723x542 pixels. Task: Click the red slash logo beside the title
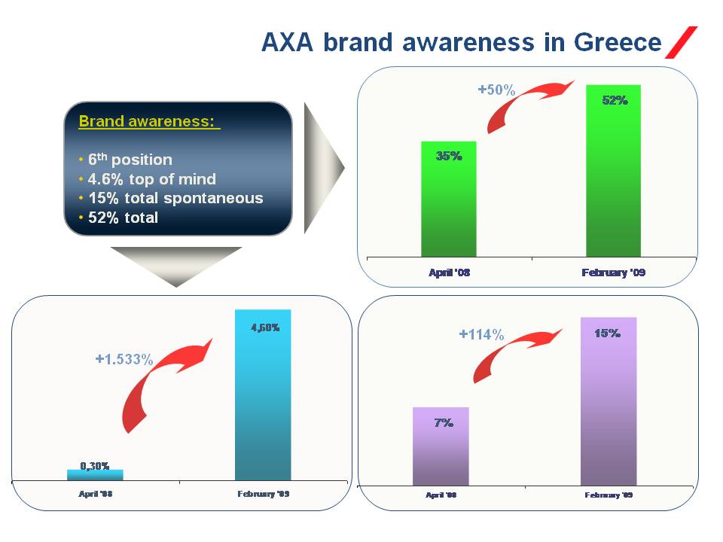tap(681, 42)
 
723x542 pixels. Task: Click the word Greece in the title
tap(618, 42)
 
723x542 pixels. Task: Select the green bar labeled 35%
tap(449, 199)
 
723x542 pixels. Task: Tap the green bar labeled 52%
tap(613, 171)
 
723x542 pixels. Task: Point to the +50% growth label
tap(496, 90)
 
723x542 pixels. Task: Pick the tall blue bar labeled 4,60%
tap(263, 395)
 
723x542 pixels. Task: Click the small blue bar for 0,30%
tap(95, 475)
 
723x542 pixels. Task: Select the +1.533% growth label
tap(124, 359)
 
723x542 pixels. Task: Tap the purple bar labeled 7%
tap(441, 446)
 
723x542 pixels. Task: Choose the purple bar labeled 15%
tap(609, 401)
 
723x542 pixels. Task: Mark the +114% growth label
tap(481, 334)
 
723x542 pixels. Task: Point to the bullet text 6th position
tap(130, 160)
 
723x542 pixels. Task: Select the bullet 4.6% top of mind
tap(151, 179)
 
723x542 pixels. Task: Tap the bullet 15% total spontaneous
tap(175, 198)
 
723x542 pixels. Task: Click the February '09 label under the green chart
tap(613, 273)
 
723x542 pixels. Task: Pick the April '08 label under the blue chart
tap(96, 494)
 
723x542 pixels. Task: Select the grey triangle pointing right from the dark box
tap(324, 168)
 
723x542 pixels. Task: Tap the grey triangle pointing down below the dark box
tap(175, 263)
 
